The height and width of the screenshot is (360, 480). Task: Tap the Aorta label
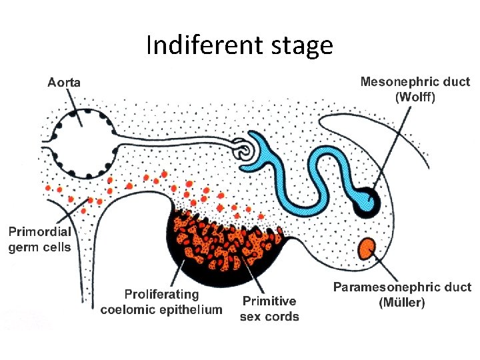[64, 83]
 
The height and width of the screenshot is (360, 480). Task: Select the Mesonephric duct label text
[415, 82]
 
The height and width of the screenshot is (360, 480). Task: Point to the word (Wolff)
[415, 97]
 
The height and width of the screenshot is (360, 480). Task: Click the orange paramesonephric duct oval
[366, 249]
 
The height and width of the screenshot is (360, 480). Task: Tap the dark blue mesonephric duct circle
[365, 202]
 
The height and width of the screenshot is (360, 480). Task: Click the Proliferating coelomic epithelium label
[161, 301]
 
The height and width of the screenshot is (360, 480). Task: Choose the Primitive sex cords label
[269, 309]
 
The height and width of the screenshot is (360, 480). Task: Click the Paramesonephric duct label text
[402, 287]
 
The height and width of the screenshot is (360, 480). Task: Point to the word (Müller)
[401, 302]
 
